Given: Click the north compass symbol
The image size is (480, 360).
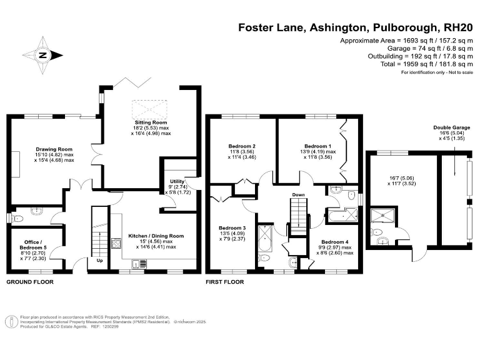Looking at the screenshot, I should pyautogui.click(x=43, y=55).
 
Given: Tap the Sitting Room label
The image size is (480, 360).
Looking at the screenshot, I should pyautogui.click(x=151, y=122).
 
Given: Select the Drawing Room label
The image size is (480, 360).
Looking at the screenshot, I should pyautogui.click(x=54, y=149).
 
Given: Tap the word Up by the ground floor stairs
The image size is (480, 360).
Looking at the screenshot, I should pyautogui.click(x=99, y=260).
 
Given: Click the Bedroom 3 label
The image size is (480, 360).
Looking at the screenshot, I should pyautogui.click(x=231, y=227).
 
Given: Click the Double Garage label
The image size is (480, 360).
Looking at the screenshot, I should pyautogui.click(x=451, y=128).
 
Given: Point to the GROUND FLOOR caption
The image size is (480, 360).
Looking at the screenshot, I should pyautogui.click(x=29, y=282).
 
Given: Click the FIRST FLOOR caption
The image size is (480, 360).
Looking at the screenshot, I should pyautogui.click(x=225, y=282).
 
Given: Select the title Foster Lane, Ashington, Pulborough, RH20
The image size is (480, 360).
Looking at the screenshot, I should pyautogui.click(x=356, y=27).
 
